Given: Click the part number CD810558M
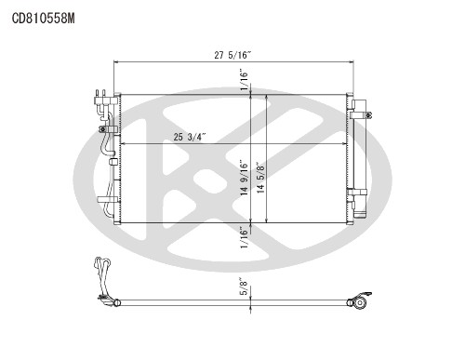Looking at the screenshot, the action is pos(43,19).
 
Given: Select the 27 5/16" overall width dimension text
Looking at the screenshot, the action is pos(232,55).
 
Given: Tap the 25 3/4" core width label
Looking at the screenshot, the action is pos(190,137).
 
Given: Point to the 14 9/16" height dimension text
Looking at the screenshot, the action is pos(245,178).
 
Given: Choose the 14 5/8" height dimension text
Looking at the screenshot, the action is pos(260,178).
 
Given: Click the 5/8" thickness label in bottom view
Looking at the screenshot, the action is pos(245,287).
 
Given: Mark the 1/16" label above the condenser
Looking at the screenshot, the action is pos(245,81).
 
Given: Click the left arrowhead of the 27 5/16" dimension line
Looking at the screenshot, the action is pos(116,62).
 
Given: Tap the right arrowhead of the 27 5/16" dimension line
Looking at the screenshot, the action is pos(352,62).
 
